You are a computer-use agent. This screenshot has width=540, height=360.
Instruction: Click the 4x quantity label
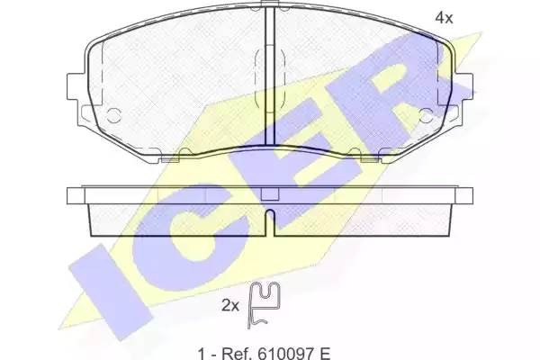point(444,17)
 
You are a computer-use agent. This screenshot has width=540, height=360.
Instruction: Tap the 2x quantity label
point(229,306)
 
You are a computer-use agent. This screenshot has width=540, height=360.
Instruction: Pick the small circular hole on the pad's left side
point(114,115)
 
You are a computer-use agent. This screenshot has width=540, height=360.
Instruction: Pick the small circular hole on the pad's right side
point(427,115)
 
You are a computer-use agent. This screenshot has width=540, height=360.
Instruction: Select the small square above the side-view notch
point(268,193)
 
